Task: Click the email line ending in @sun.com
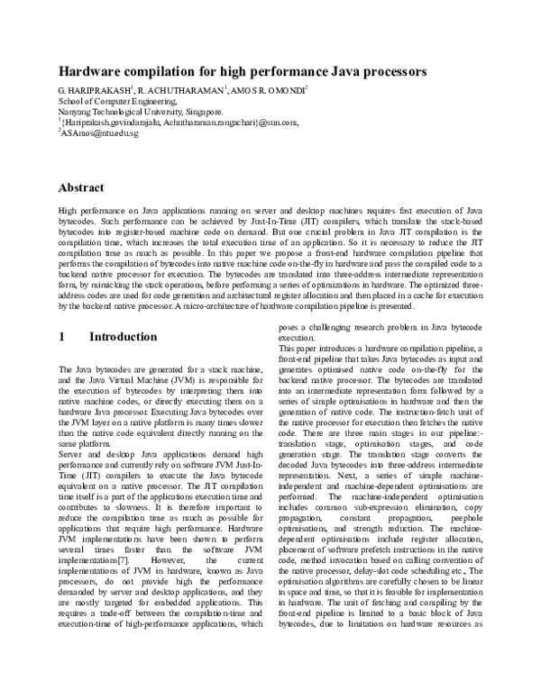tap(180, 123)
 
